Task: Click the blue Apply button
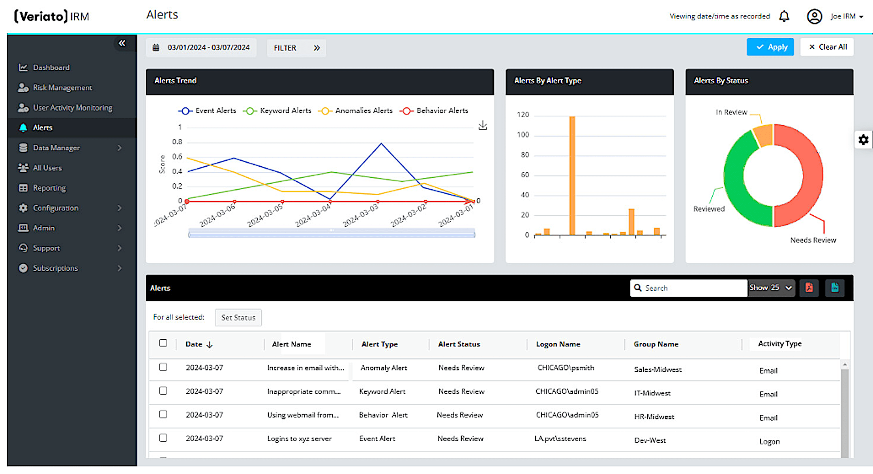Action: click(770, 47)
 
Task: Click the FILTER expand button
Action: click(296, 48)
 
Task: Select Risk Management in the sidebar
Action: click(62, 88)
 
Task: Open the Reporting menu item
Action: click(49, 188)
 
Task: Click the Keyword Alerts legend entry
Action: click(277, 111)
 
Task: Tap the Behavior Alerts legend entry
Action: click(434, 111)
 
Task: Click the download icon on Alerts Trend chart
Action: click(482, 126)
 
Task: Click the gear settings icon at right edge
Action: click(863, 140)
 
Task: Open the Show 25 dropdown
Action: click(771, 288)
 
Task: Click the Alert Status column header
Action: click(459, 344)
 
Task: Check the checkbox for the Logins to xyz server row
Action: click(163, 438)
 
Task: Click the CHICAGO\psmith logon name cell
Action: click(566, 368)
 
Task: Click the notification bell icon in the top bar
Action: click(784, 16)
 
